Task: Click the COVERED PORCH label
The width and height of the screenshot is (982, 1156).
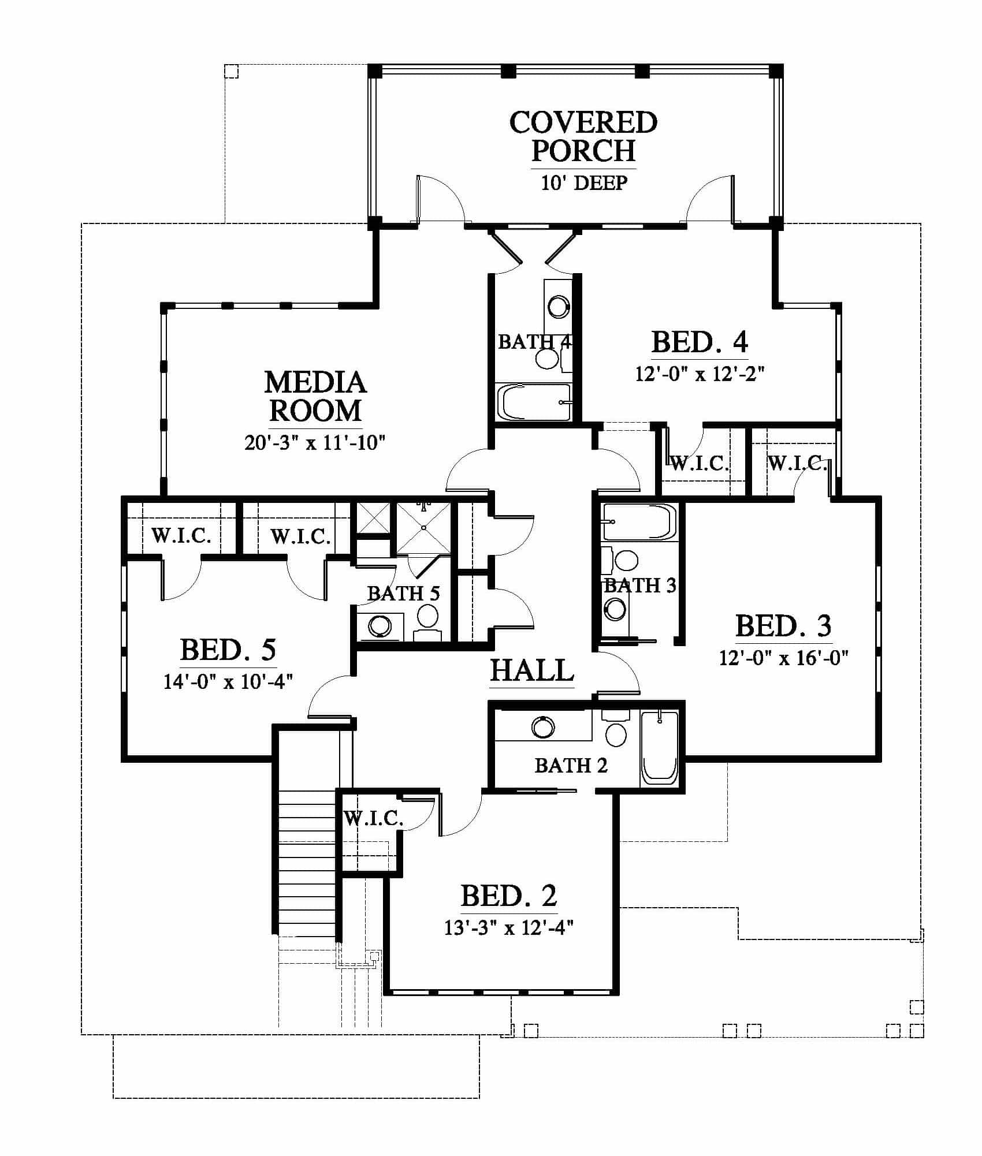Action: click(x=583, y=136)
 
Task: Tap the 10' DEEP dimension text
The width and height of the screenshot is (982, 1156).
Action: click(x=584, y=183)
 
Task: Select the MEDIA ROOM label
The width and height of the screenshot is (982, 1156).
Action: click(x=315, y=397)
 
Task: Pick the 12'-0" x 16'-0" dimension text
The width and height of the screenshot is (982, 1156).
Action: click(x=784, y=658)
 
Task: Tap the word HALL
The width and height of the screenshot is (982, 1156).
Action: click(x=532, y=670)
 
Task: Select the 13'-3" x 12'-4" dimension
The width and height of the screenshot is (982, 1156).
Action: click(x=509, y=927)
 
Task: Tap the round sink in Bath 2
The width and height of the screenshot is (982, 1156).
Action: click(x=543, y=727)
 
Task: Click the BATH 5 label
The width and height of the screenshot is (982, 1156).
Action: click(x=404, y=592)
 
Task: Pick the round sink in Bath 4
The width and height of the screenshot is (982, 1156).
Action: click(x=559, y=307)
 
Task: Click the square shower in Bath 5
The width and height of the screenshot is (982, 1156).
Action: click(x=423, y=528)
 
